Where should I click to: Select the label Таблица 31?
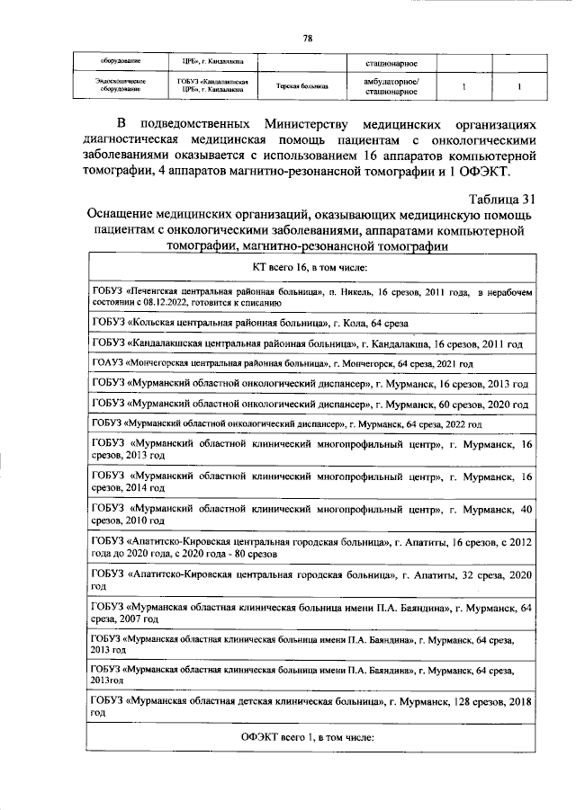coord(502,200)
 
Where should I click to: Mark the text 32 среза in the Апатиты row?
coord(477,574)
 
